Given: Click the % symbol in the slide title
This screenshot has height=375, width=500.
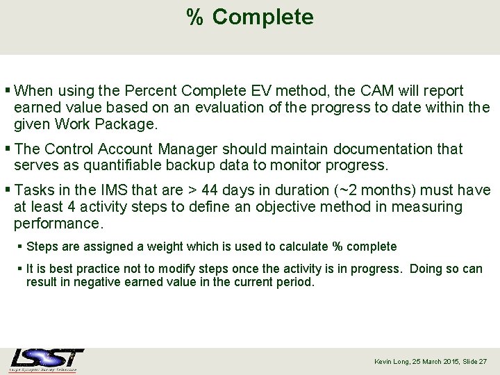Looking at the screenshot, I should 194,17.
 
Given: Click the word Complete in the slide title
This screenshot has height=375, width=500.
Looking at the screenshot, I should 262,17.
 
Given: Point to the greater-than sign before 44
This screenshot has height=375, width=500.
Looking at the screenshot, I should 190,190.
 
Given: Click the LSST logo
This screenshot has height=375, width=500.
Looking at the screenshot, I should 47,360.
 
